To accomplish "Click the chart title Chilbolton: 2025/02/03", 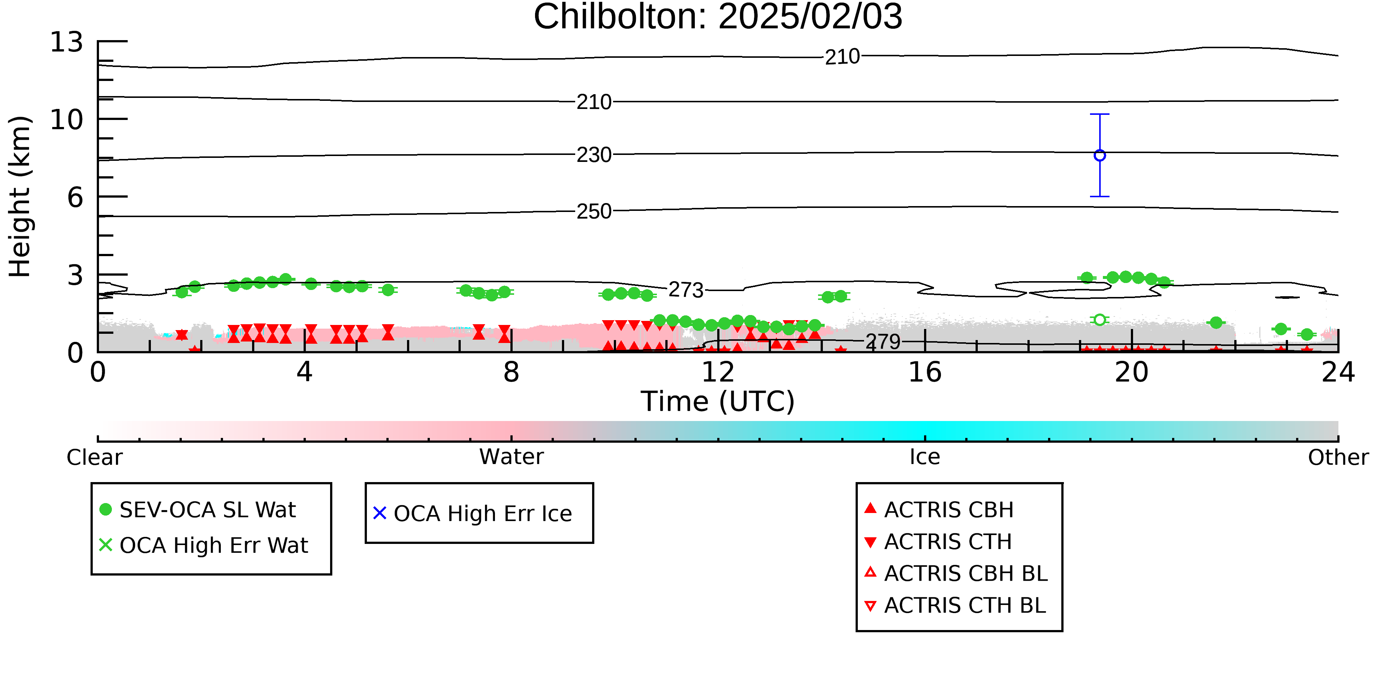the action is coord(718,17).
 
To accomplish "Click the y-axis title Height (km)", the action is coord(20,197).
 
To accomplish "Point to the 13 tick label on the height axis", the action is coord(67,42).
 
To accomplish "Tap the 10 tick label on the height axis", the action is coord(67,120).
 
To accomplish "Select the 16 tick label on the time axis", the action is coord(925,372).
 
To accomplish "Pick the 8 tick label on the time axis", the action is coord(511,372).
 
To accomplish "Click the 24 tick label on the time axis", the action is coord(1338,372).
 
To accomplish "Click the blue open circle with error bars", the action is coord(1100,155).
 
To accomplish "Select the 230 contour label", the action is coord(594,155).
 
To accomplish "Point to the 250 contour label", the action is coord(594,212).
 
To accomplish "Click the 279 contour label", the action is coord(884,342).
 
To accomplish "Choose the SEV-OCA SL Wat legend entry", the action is coord(198,509).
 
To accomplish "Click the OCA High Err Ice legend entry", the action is coord(473,513).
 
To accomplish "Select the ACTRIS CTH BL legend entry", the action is coord(955,605).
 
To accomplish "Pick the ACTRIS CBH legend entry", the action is coord(939,509).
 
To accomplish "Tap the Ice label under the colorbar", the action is coord(925,457).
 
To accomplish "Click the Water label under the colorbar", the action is coord(512,457).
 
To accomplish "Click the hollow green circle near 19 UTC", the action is coord(1100,320).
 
